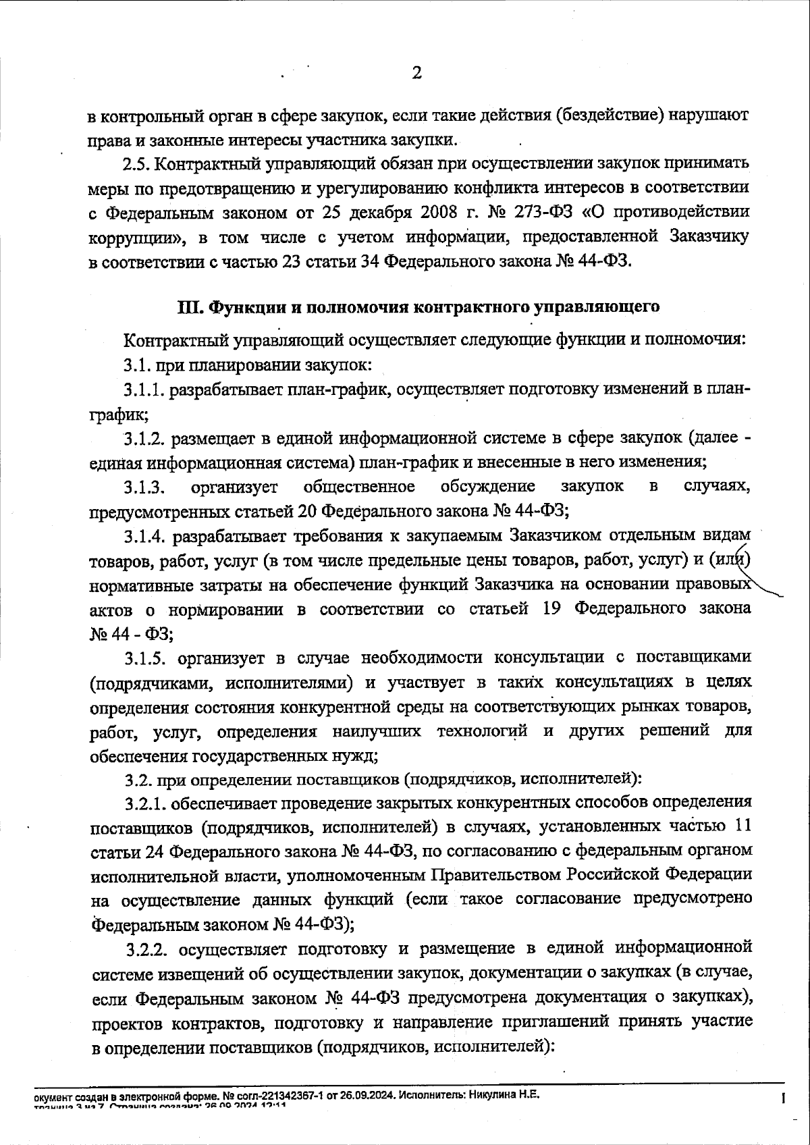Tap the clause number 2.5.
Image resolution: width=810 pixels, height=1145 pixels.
[x=139, y=164]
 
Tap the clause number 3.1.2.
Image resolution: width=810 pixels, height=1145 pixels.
[x=144, y=439]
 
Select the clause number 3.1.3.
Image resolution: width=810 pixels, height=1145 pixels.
[x=144, y=487]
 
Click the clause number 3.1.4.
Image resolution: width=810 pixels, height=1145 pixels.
[x=144, y=537]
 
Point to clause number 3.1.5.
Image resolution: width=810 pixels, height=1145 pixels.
[x=144, y=658]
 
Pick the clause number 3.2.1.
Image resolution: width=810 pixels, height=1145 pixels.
[x=144, y=803]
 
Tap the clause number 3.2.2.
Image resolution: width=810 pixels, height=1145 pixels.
[x=147, y=950]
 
